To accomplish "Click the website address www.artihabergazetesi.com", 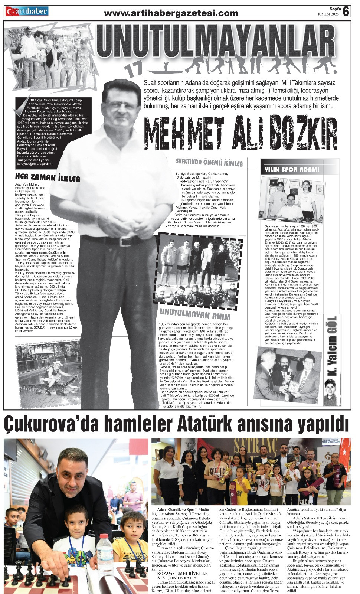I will coord(171,13).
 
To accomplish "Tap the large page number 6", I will coord(346,12).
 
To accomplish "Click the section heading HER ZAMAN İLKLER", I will coord(48,178).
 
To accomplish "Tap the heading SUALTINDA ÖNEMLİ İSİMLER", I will coord(209,163).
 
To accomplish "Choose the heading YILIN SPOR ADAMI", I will coord(291,170).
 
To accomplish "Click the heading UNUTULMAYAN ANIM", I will coord(194,316).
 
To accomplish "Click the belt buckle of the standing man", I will coord(123,242).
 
